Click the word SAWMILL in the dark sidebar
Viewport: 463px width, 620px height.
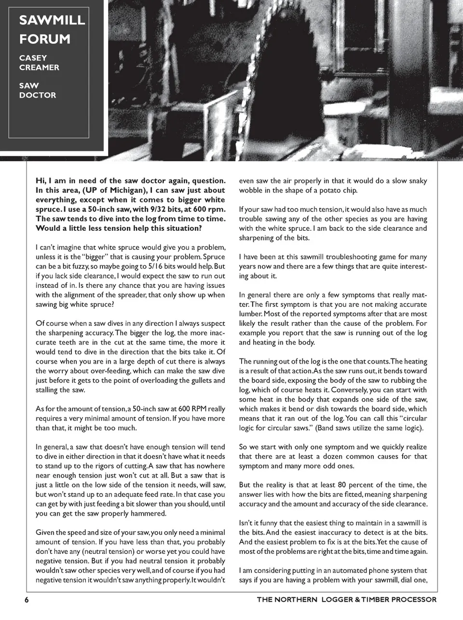click(52, 20)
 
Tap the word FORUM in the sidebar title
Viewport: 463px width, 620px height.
click(45, 39)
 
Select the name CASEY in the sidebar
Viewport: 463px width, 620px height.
click(33, 58)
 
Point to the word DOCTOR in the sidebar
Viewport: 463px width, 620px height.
click(38, 95)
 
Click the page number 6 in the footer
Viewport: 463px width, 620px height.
click(27, 599)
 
